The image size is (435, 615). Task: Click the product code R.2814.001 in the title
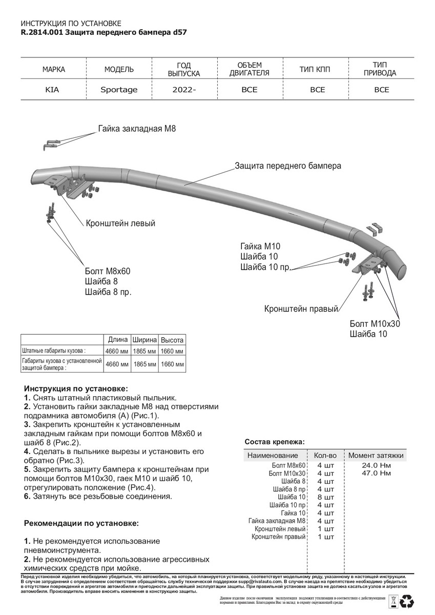43,32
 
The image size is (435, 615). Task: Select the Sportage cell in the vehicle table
119,90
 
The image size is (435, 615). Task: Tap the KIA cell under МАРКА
52,90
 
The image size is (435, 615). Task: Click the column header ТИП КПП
317,69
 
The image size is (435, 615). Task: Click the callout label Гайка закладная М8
137,129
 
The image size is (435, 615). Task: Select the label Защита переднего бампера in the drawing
287,166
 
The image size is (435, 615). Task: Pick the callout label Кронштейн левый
120,223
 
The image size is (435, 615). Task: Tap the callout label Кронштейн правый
302,309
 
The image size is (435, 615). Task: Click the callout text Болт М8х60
108,271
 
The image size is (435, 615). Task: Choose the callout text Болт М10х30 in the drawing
375,324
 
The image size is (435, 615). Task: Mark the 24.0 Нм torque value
376,465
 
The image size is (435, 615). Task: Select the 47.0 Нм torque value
376,473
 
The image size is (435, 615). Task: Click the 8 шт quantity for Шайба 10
325,497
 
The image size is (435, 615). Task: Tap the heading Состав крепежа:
274,441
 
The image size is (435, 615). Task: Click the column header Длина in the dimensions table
118,340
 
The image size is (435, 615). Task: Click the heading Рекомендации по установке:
81,524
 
